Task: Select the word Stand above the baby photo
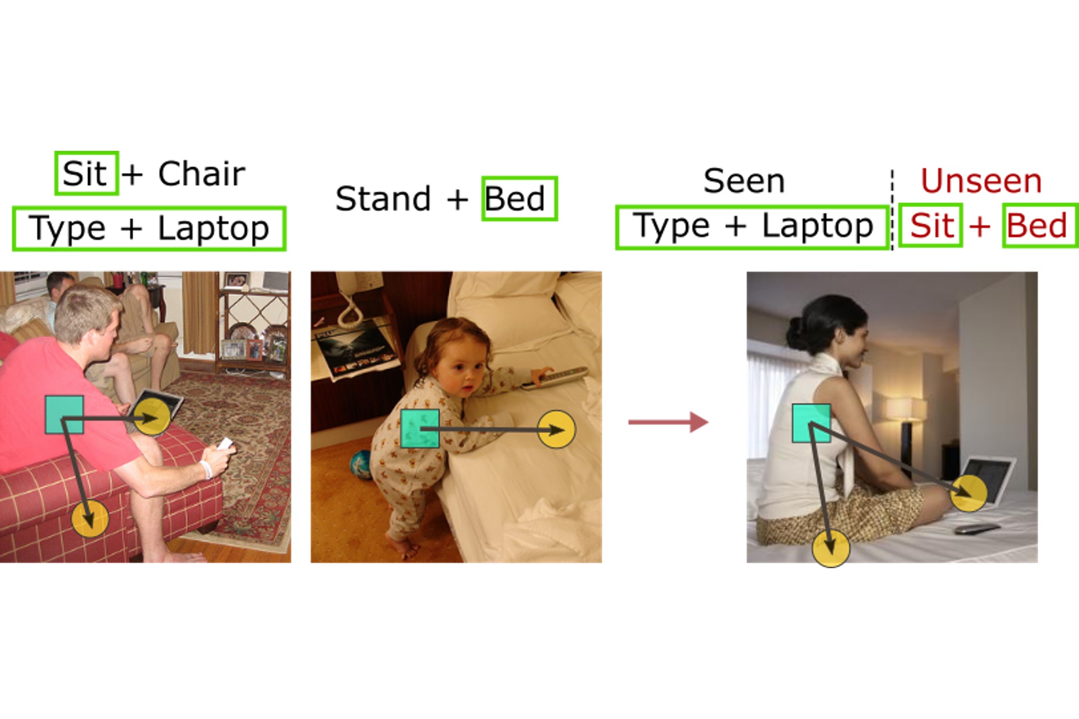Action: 383,199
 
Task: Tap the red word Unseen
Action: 981,181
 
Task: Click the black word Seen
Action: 744,181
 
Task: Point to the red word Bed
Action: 1037,225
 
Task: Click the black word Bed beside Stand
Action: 515,199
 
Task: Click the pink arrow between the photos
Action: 668,422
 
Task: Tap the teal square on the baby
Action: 420,429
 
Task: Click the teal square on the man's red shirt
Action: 64,415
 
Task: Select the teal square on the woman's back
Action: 812,424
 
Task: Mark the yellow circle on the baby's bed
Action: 556,429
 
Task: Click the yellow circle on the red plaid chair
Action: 90,518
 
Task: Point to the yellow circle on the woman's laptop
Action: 969,493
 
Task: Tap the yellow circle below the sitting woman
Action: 831,548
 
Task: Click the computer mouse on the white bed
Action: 977,529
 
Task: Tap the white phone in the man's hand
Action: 225,444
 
